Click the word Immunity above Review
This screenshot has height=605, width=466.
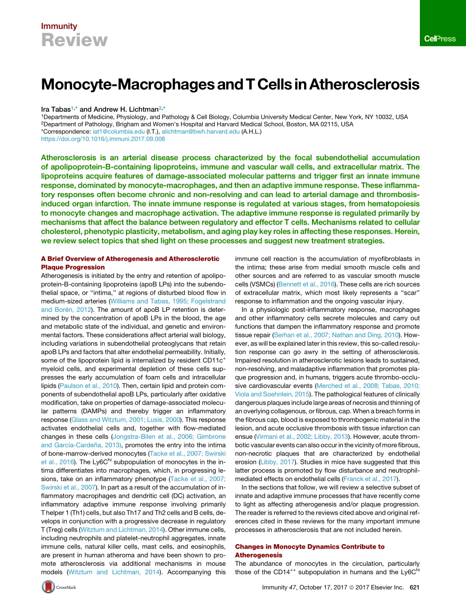coord(59,26)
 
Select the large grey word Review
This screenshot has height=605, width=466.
coord(74,40)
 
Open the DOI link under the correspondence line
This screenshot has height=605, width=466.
coord(103,139)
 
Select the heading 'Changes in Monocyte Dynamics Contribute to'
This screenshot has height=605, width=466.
coord(310,546)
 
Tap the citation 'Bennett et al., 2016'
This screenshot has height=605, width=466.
coord(307,284)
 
